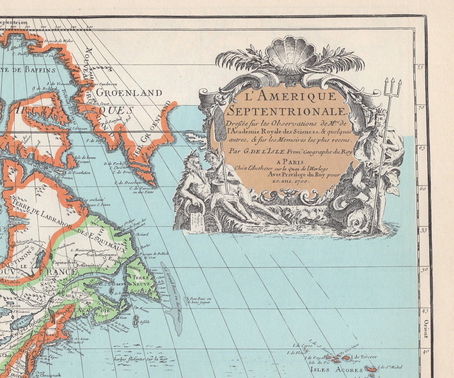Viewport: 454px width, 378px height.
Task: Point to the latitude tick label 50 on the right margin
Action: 425,270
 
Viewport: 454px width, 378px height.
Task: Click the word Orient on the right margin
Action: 425,329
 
